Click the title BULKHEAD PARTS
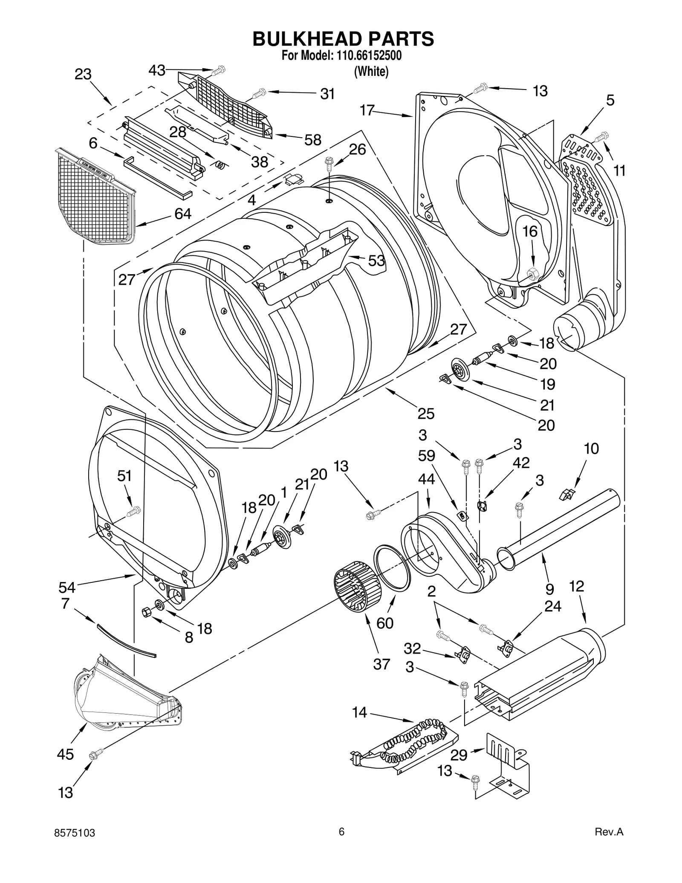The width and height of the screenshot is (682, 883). [x=343, y=39]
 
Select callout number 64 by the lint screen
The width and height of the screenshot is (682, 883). [x=183, y=214]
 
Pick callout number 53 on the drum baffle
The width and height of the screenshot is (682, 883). [x=376, y=261]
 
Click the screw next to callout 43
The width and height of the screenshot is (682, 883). [x=220, y=69]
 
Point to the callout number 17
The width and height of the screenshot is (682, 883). [x=367, y=110]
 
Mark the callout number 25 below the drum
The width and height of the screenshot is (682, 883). [x=426, y=414]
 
